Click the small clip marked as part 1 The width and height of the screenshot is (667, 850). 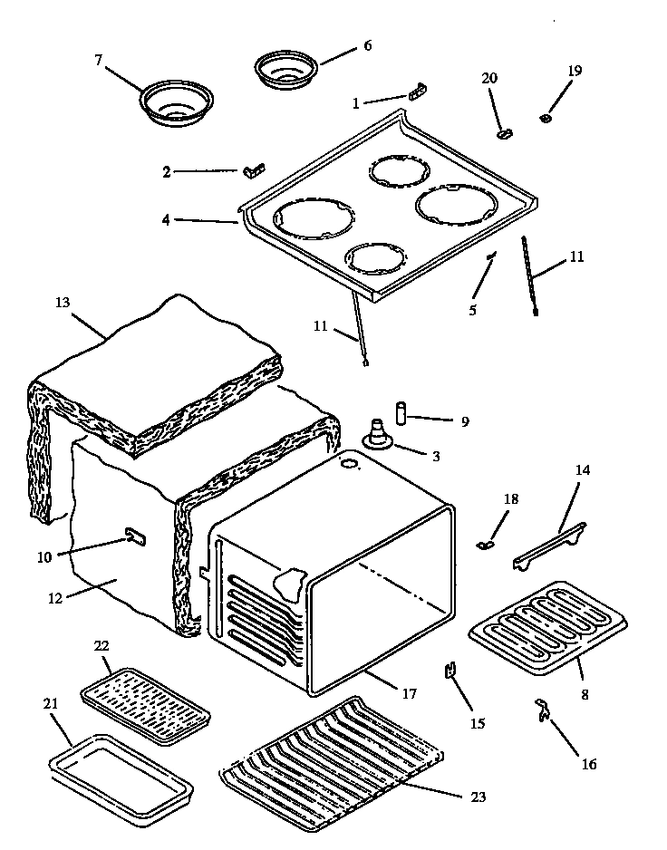pyautogui.click(x=417, y=91)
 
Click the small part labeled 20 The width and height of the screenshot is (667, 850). pyautogui.click(x=504, y=133)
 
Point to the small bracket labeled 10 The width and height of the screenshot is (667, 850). pyautogui.click(x=135, y=537)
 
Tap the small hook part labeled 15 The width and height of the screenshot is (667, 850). pyautogui.click(x=450, y=671)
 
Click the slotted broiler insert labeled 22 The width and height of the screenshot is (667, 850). pyautogui.click(x=145, y=708)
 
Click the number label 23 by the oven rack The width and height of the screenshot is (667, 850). pyautogui.click(x=478, y=797)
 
